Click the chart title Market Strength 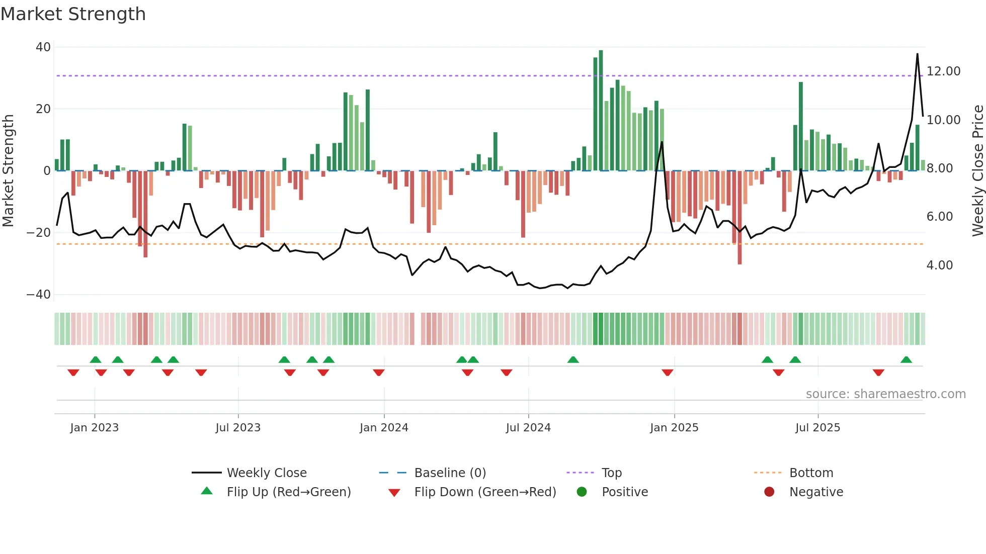pyautogui.click(x=73, y=14)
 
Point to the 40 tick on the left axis pyautogui.click(x=43, y=47)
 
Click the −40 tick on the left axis pyautogui.click(x=39, y=295)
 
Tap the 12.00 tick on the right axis pyautogui.click(x=943, y=71)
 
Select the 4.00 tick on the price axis pyautogui.click(x=939, y=265)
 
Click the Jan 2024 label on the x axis pyautogui.click(x=384, y=428)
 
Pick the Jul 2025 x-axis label pyautogui.click(x=817, y=428)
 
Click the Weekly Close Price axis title pyautogui.click(x=977, y=171)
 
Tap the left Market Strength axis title pyautogui.click(x=9, y=171)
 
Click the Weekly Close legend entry pyautogui.click(x=267, y=473)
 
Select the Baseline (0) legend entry pyautogui.click(x=450, y=473)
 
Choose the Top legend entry pyautogui.click(x=612, y=473)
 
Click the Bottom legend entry pyautogui.click(x=811, y=473)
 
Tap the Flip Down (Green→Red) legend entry pyautogui.click(x=485, y=492)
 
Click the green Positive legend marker pyautogui.click(x=582, y=492)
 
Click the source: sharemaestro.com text pyautogui.click(x=885, y=394)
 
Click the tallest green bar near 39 pyautogui.click(x=601, y=111)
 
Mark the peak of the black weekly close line pyautogui.click(x=917, y=54)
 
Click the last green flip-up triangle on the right pyautogui.click(x=906, y=360)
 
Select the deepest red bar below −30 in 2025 pyautogui.click(x=739, y=217)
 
